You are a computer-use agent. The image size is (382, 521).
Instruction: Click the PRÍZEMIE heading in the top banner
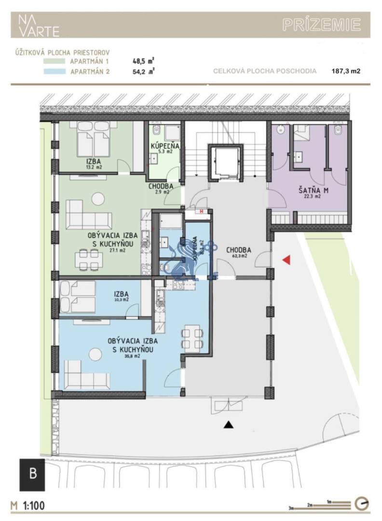pos(322,25)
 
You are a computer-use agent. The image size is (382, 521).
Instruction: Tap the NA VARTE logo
pos(39,26)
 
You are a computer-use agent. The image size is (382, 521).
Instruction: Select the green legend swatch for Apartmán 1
pos(54,61)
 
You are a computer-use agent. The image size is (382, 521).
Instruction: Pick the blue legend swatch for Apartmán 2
pos(54,71)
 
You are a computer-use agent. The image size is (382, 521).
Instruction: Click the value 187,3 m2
pos(346,71)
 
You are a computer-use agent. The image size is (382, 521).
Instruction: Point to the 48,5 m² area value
pos(143,61)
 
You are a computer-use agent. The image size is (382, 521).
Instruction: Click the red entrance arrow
pos(286,260)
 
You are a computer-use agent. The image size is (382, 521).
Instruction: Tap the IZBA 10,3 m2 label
pos(121,296)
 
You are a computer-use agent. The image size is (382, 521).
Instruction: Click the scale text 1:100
pos(35,506)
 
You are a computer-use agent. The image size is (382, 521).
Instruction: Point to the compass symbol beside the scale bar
pos(362,504)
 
